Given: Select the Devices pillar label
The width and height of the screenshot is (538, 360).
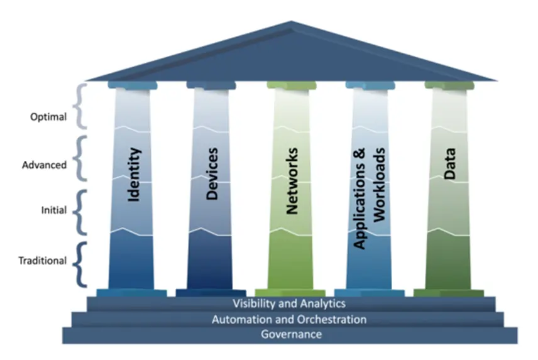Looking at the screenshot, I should point(212,173).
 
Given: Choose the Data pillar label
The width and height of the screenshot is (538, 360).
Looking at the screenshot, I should point(449,165).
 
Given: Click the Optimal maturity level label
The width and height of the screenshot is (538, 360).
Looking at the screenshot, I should point(48,116).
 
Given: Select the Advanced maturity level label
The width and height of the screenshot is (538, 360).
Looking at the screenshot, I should point(45,165).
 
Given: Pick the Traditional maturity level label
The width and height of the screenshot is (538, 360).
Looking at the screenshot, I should point(43,260).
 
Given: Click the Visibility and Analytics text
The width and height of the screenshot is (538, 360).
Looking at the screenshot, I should point(289,303).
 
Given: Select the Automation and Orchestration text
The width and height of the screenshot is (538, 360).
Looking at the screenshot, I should point(289,319).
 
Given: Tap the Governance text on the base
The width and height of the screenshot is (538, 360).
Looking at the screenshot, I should point(291,334).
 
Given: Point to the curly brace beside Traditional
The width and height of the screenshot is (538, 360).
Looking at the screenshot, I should point(79,262).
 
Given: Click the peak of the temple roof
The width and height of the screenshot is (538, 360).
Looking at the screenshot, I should point(291,24).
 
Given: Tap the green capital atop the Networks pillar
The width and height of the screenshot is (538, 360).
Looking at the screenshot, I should point(291,85).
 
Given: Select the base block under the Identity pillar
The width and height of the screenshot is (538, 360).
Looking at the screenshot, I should point(131,293).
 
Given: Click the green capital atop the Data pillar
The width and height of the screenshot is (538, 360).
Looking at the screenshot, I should point(449,85).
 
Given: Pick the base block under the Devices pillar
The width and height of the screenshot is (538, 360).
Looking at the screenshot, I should point(211,293).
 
